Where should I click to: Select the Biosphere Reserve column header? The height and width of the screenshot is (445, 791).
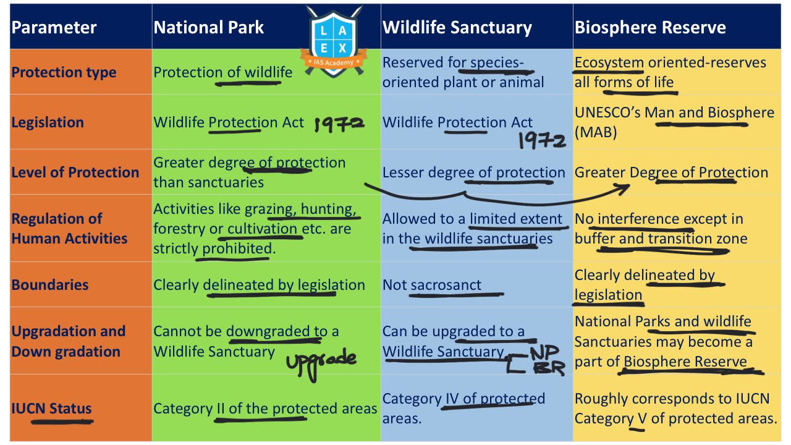pyautogui.click(x=650, y=28)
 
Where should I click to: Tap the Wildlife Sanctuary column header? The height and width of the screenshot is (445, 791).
pyautogui.click(x=457, y=28)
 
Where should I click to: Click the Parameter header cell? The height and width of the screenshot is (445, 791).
pyautogui.click(x=54, y=28)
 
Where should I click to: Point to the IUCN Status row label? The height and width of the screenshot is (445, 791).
pyautogui.click(x=51, y=409)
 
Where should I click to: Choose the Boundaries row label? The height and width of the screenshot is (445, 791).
pyautogui.click(x=49, y=285)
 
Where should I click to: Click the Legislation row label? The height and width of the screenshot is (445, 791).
pyautogui.click(x=48, y=122)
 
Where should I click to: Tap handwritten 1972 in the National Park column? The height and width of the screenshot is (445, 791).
pyautogui.click(x=339, y=124)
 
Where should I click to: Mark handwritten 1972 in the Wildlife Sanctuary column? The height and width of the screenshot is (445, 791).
pyautogui.click(x=541, y=141)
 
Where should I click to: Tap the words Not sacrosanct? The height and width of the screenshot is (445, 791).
pyautogui.click(x=432, y=285)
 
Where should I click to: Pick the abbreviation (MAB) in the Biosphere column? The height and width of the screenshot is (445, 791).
pyautogui.click(x=596, y=132)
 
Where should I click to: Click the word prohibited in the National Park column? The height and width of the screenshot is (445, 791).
pyautogui.click(x=237, y=248)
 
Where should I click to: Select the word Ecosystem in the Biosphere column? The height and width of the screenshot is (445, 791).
pyautogui.click(x=609, y=62)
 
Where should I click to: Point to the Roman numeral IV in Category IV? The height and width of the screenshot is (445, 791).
pyautogui.click(x=452, y=399)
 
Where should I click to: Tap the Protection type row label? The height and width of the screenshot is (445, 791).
pyautogui.click(x=64, y=72)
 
